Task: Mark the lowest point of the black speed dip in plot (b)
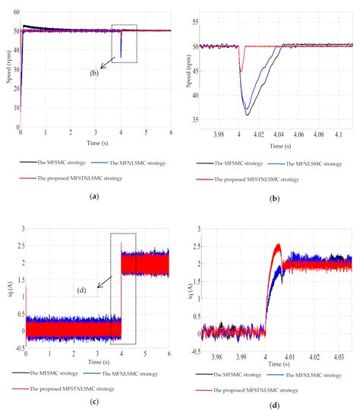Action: click(x=247, y=115)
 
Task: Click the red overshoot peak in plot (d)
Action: click(x=278, y=245)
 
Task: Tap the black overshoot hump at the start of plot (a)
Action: click(x=27, y=27)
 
